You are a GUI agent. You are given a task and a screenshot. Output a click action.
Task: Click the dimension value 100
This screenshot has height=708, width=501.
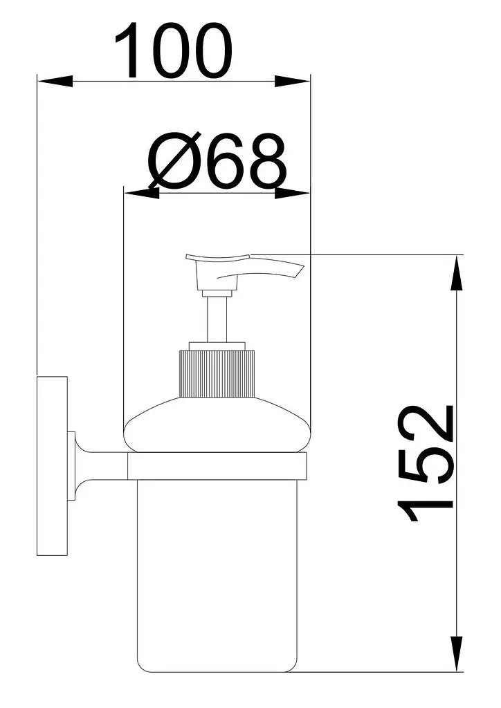174,49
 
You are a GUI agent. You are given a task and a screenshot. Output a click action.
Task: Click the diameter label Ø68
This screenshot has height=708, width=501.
217,160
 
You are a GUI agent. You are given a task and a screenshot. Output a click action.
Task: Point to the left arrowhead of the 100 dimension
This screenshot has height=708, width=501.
55,81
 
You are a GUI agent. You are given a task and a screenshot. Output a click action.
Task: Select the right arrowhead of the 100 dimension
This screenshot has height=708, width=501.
293,82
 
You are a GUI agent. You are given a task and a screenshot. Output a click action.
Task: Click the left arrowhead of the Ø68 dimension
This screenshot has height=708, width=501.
142,194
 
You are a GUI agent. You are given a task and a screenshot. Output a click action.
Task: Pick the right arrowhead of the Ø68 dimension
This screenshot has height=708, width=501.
292,194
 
